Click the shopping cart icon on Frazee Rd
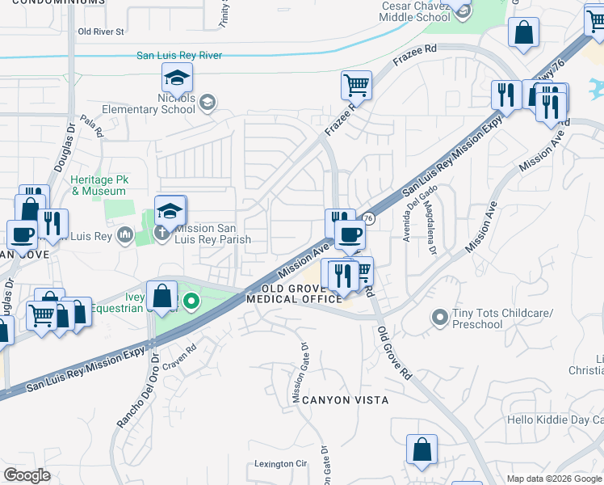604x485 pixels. tap(356, 84)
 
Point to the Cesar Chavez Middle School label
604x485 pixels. tap(415, 11)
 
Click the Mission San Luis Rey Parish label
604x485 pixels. tap(212, 234)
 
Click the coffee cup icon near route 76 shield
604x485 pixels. tap(350, 234)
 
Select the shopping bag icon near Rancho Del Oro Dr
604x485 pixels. tap(162, 295)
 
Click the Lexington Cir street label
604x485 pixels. tap(281, 464)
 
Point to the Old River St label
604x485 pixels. tap(101, 32)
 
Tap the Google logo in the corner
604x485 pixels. tap(27, 474)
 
